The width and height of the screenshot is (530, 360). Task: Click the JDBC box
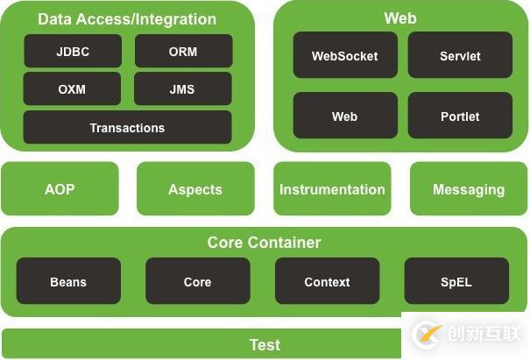[x=73, y=52]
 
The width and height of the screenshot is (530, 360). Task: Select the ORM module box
[x=183, y=52]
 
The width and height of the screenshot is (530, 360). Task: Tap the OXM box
[x=73, y=89]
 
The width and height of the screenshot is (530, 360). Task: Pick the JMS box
[x=183, y=89]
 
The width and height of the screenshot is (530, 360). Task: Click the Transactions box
[x=127, y=128]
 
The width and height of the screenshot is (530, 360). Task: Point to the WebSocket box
[x=345, y=56]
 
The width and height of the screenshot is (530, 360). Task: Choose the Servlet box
[x=460, y=56]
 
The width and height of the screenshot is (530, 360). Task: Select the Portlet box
[x=460, y=116]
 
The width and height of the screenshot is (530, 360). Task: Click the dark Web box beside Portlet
[x=345, y=116]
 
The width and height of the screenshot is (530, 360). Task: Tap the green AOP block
[x=60, y=189]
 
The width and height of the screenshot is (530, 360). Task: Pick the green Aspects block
[x=195, y=189]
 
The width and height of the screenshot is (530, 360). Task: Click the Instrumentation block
[x=332, y=189]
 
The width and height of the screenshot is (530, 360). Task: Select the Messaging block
[x=469, y=189]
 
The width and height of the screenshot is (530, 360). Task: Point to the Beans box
[x=68, y=282]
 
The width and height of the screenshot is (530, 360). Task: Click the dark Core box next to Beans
[x=197, y=282]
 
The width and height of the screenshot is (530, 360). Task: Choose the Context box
[x=327, y=282]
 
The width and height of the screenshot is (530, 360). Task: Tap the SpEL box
[x=456, y=282]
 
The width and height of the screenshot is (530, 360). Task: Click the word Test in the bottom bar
[x=265, y=344]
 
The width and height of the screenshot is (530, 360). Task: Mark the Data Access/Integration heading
[x=127, y=18]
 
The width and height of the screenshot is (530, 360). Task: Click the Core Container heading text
[x=265, y=243]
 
